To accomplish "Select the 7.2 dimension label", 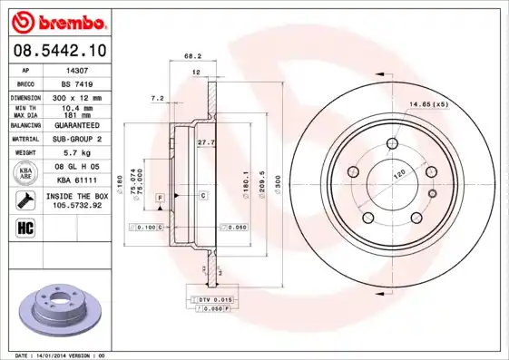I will (156, 98).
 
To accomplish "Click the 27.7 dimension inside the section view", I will (205, 142).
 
